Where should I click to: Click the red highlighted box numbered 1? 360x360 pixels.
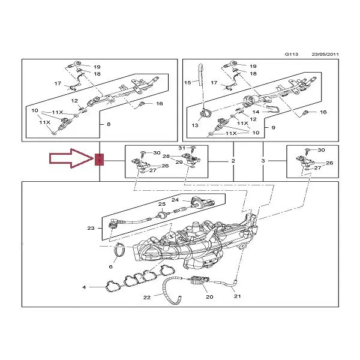100,160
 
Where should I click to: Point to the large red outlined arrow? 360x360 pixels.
71,158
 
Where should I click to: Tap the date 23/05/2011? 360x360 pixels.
325,54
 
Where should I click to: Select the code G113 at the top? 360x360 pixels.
292,54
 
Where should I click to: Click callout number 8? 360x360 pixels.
109,124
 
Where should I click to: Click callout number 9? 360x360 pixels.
273,127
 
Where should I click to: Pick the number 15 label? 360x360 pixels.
188,82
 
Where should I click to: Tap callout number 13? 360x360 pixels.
195,125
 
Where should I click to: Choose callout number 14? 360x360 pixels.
256,112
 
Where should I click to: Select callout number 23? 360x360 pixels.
91,228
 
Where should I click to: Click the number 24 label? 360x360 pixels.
175,200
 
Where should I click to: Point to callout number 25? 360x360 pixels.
162,204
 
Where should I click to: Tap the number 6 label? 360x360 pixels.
110,266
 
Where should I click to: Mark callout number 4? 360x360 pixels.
84,287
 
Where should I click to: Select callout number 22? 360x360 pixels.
147,298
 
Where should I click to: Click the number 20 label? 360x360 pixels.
209,297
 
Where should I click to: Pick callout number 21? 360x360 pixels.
238,296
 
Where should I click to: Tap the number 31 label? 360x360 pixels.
182,148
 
